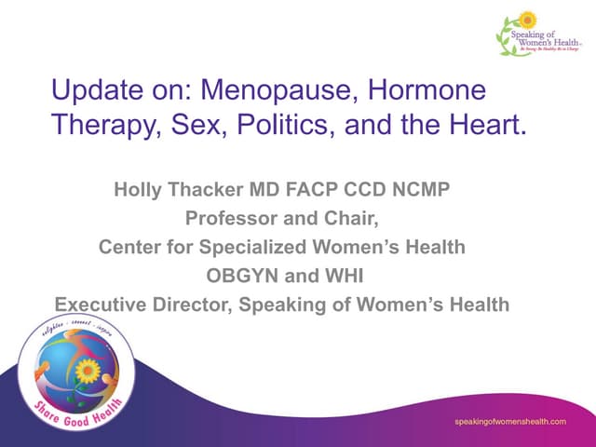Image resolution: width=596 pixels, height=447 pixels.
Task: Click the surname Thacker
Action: click(211, 192)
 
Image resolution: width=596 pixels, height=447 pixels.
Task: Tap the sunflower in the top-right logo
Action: click(527, 20)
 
